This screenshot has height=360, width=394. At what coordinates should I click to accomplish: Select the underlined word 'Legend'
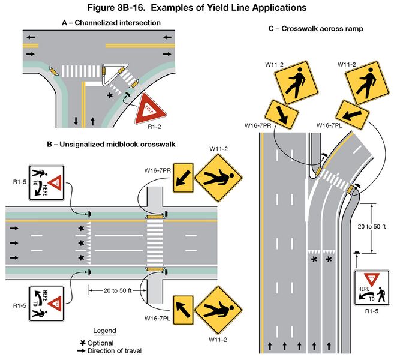tap(104, 331)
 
